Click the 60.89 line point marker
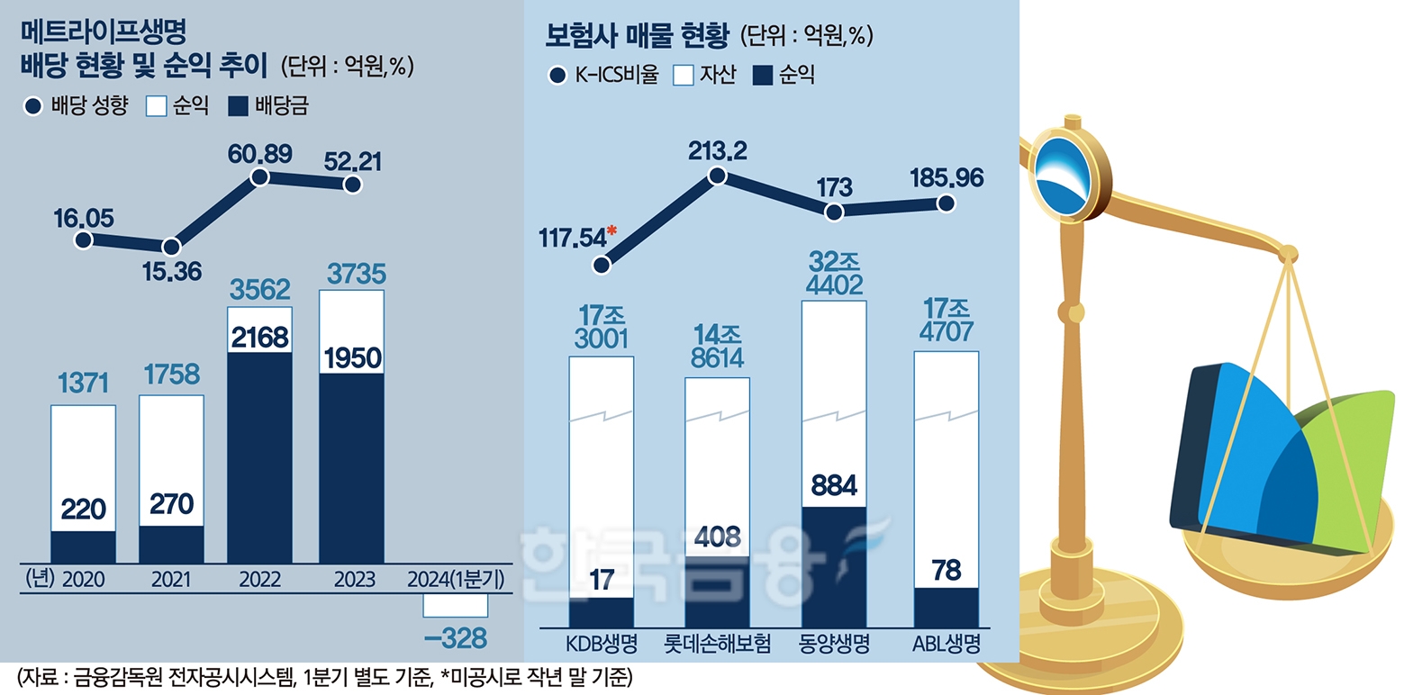pyautogui.click(x=260, y=177)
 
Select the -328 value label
pyautogui.click(x=456, y=638)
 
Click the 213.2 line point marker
pyautogui.click(x=718, y=176)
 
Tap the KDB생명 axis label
pyautogui.click(x=602, y=645)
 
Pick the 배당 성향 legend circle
pyautogui.click(x=33, y=106)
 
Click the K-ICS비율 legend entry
pyautogui.click(x=606, y=76)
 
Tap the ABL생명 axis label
pyautogui.click(x=946, y=645)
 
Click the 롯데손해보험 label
pyautogui.click(x=717, y=645)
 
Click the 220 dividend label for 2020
pyautogui.click(x=83, y=510)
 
